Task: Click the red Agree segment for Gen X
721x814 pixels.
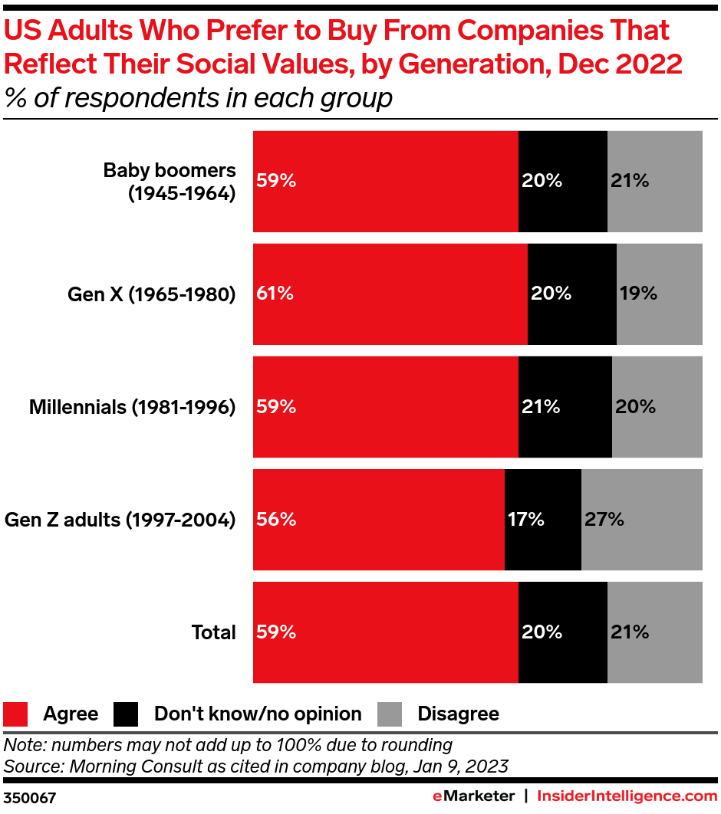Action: pos(390,294)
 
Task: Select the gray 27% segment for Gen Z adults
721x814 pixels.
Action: pos(641,520)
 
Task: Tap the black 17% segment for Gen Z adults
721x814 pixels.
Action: pos(542,520)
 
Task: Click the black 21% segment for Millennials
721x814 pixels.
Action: pos(565,407)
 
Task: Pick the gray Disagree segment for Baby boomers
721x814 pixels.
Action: pos(654,181)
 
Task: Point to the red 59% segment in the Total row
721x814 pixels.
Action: pos(385,632)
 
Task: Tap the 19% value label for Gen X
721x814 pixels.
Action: pos(638,294)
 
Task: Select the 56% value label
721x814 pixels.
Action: pos(276,520)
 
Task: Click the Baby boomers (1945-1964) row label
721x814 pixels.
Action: pos(170,182)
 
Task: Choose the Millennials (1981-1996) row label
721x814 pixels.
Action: pos(132,407)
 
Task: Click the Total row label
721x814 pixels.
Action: pos(213,632)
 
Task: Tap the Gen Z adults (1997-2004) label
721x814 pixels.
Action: pos(120,520)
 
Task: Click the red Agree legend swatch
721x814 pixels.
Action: pos(16,714)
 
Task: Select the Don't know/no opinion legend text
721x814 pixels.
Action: pos(258,714)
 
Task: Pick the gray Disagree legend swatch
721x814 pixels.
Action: pos(390,714)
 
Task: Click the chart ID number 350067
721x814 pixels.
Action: pos(30,798)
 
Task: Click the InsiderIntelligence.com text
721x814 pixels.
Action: pos(627,796)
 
